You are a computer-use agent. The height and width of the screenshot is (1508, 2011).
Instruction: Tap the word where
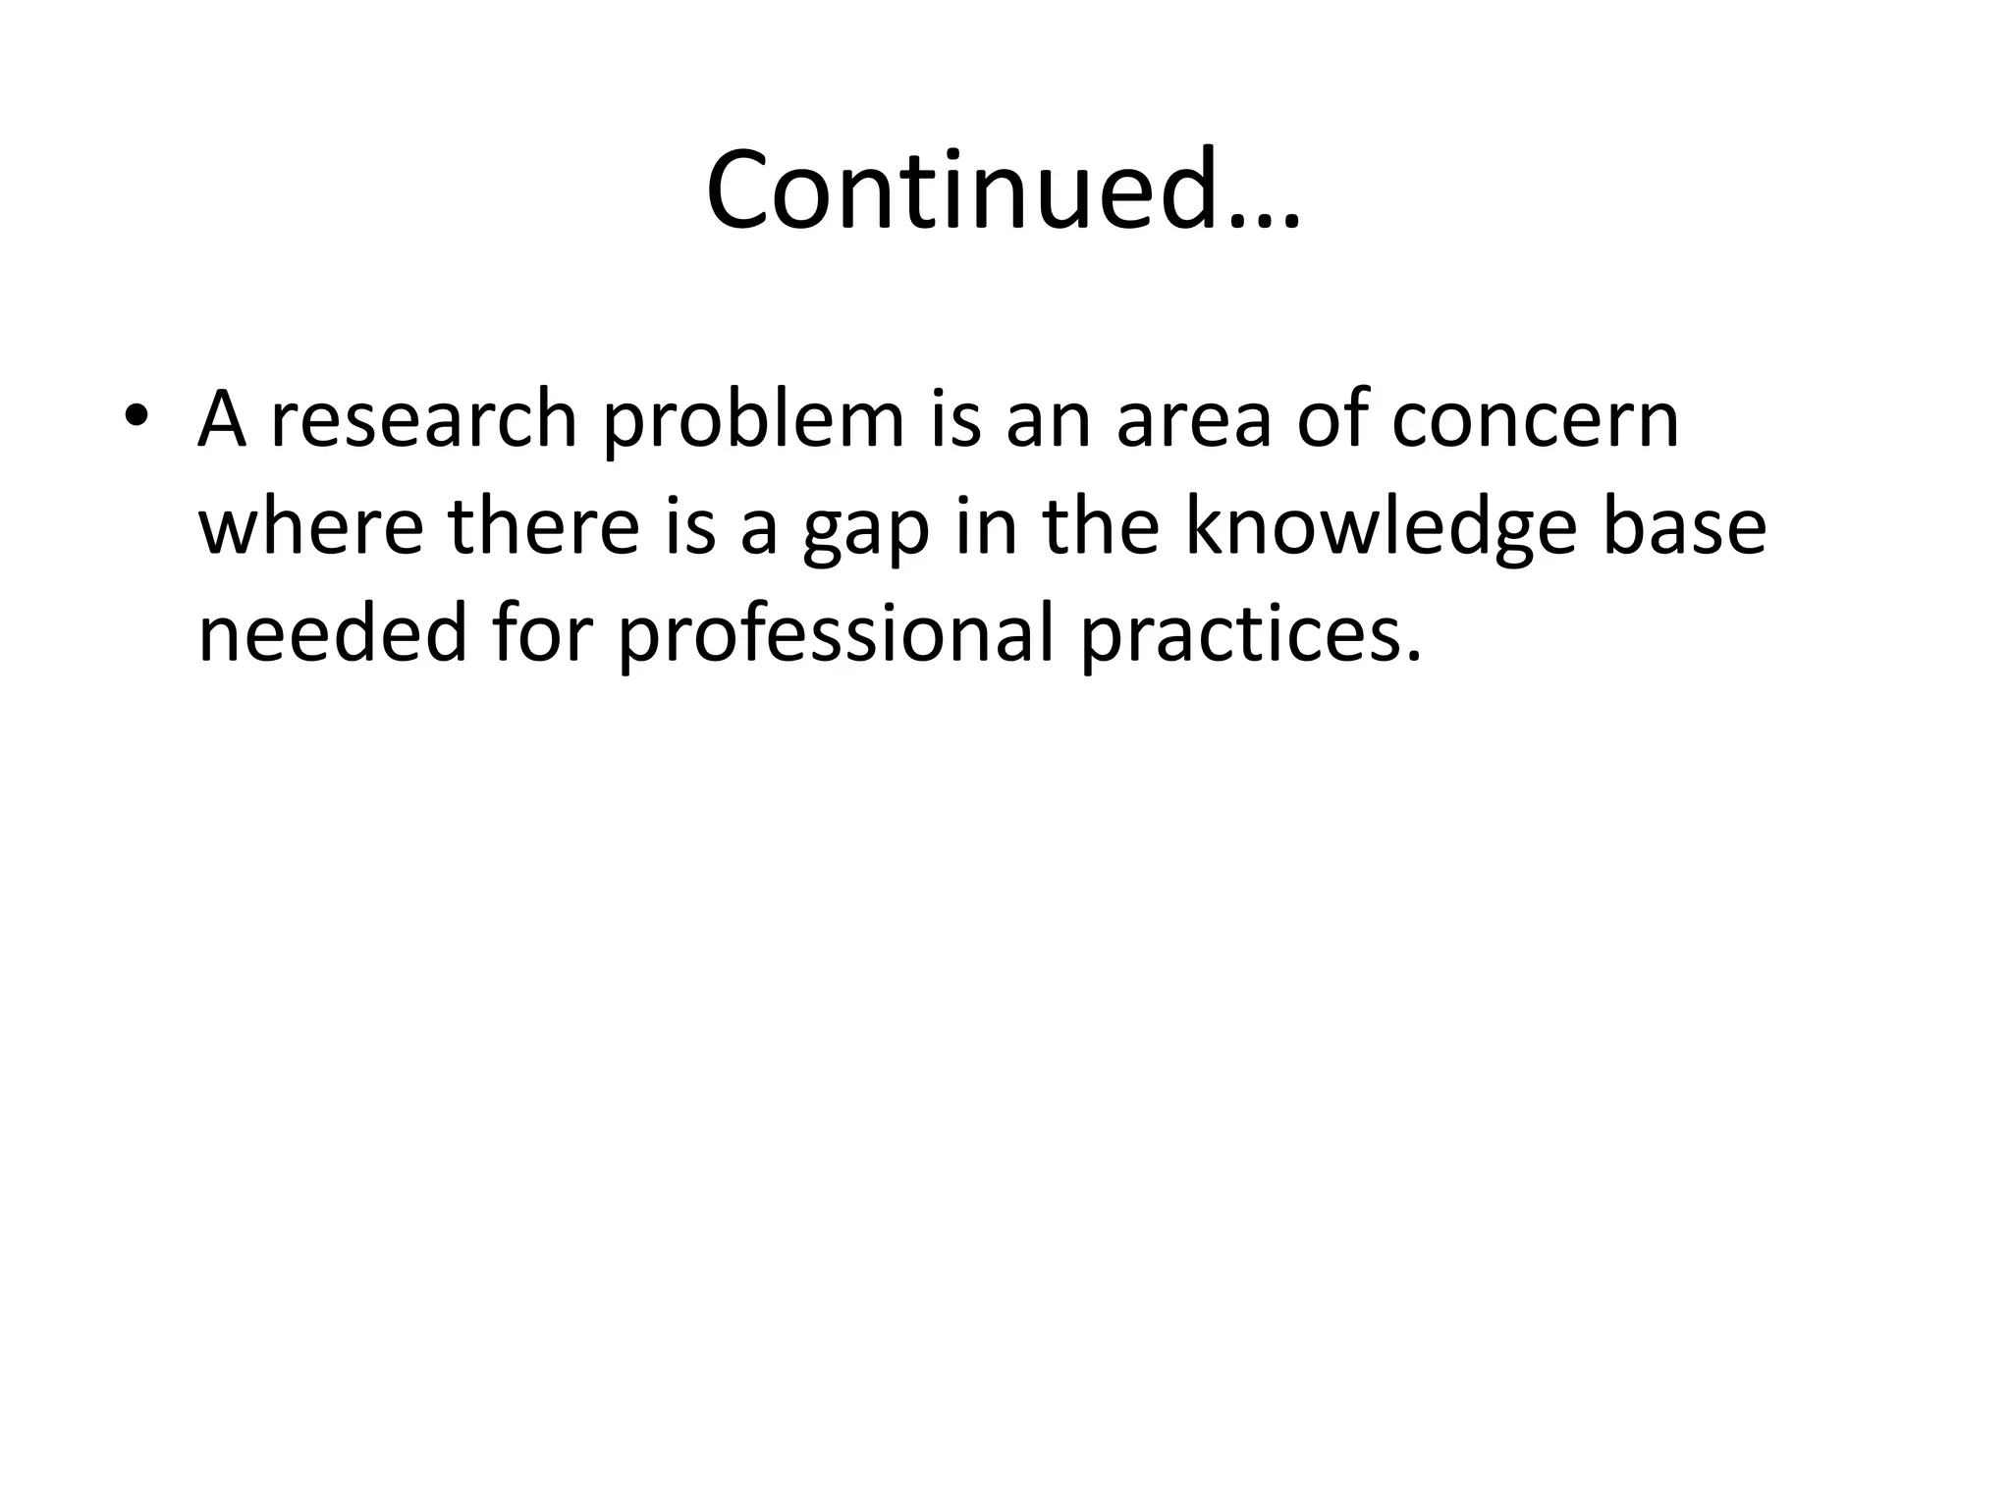pos(311,526)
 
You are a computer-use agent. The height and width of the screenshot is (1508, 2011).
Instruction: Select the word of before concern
pos(1339,420)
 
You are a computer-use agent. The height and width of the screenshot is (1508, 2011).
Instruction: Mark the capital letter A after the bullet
pos(222,420)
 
